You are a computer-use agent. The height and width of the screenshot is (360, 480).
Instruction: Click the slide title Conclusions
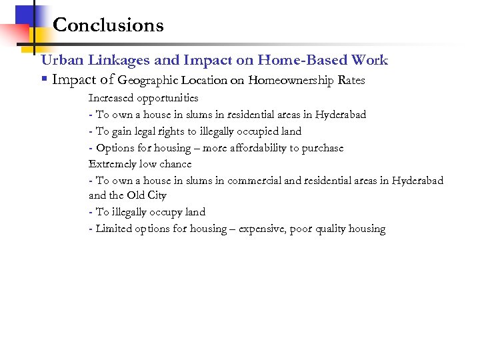pyautogui.click(x=108, y=25)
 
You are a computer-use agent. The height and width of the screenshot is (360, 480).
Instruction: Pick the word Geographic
pyautogui.click(x=147, y=81)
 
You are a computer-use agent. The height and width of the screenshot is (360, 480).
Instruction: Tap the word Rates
pyautogui.click(x=351, y=81)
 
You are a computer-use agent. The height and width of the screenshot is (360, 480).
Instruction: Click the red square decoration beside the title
pyautogui.click(x=13, y=33)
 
